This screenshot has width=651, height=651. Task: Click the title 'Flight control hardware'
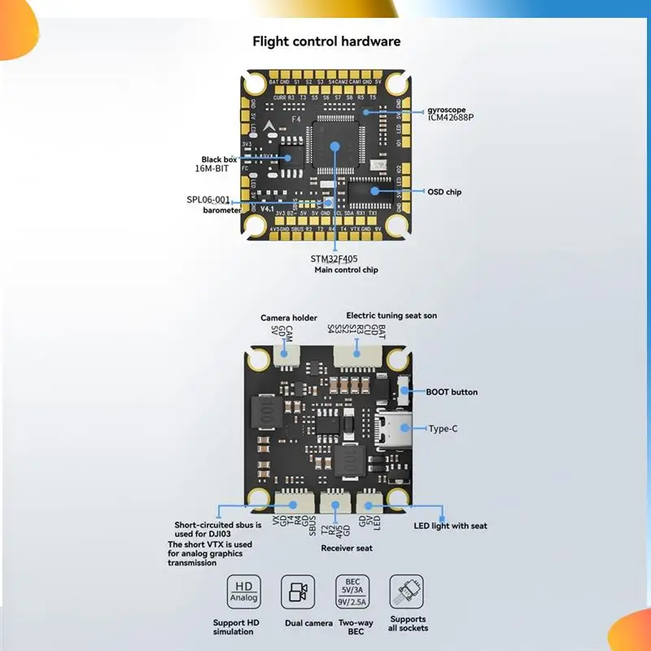326,42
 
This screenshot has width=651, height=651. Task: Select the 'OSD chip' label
444,192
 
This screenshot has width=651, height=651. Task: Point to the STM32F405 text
334,259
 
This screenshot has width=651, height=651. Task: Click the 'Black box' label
219,159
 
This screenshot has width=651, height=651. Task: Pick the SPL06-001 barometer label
208,199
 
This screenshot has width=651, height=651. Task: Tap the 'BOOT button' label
452,392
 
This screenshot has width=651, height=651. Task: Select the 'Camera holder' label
289,317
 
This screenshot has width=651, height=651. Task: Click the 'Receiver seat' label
347,548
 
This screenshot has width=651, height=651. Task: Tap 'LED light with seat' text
450,526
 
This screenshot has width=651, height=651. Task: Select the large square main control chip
334,147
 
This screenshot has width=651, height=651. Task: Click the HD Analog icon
244,592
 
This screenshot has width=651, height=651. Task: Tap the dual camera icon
297,592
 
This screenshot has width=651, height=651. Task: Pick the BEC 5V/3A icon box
352,592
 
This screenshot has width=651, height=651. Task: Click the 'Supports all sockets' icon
406,592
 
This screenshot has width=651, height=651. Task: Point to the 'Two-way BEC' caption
352,627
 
